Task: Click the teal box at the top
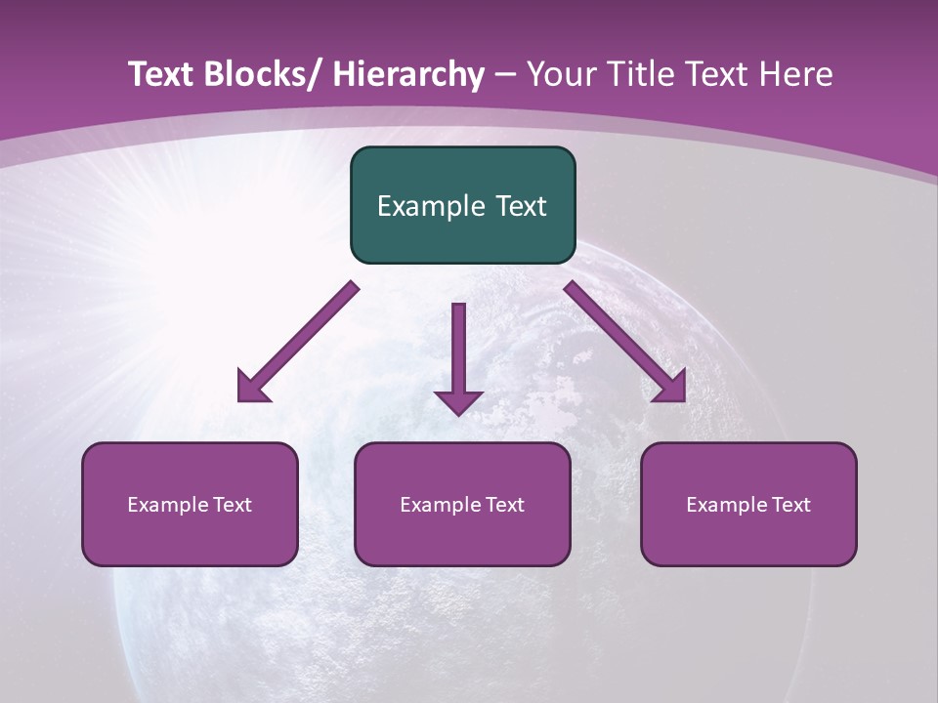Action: point(462,205)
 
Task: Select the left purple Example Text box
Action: point(190,504)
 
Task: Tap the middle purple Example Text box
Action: point(462,504)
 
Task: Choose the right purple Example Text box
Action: point(748,504)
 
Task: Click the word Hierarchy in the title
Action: point(407,74)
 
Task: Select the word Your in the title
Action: point(559,74)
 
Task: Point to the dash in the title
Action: point(505,74)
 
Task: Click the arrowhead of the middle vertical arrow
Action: point(459,410)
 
